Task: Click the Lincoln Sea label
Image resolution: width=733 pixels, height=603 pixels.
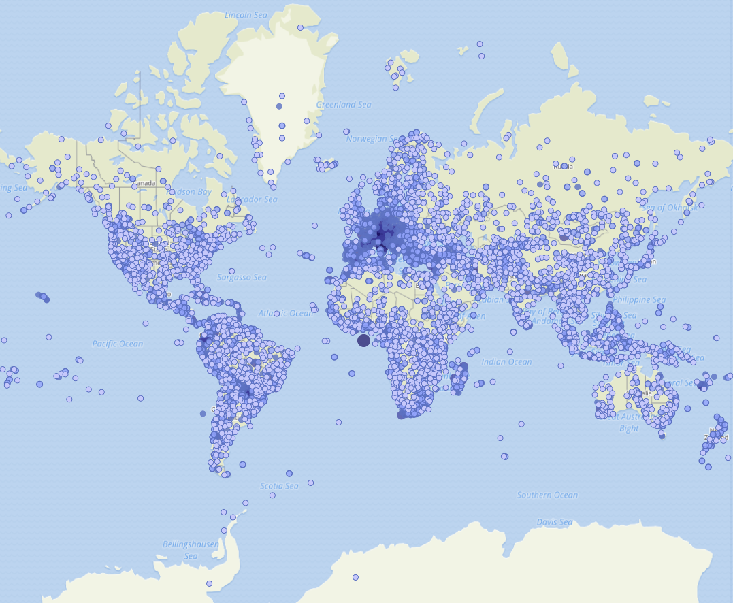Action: click(246, 14)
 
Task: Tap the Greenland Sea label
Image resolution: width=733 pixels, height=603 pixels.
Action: click(344, 105)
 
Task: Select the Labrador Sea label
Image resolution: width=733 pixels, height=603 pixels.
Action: click(252, 199)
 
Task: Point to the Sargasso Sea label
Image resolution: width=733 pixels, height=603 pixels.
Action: click(242, 278)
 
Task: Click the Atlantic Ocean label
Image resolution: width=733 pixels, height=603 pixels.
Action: click(286, 313)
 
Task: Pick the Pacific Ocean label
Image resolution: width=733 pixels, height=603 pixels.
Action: click(118, 344)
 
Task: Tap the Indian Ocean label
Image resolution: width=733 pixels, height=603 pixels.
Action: click(507, 362)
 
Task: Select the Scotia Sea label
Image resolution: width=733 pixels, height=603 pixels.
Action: click(279, 486)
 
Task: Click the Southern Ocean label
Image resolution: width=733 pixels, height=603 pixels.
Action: click(547, 495)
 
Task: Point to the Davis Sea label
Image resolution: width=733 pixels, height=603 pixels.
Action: click(554, 523)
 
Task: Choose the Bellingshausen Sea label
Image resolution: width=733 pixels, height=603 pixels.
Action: click(180, 550)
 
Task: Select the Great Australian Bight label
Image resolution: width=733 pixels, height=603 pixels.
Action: click(633, 422)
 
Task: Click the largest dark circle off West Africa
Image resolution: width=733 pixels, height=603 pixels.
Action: click(363, 340)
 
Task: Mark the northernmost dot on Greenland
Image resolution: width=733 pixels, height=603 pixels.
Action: click(300, 27)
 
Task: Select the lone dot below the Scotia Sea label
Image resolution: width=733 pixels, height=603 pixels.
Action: click(272, 495)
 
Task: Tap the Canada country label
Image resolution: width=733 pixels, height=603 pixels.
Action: click(145, 184)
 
